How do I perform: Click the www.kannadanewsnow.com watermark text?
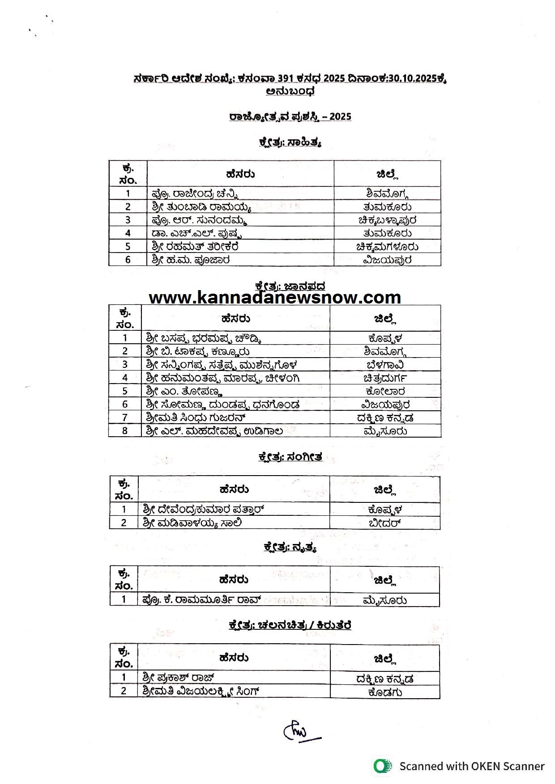[x=275, y=298]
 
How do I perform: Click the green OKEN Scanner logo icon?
[x=382, y=766]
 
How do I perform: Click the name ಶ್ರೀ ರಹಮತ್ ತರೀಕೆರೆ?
[x=195, y=246]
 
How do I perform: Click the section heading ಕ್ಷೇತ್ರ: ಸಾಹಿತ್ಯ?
[x=290, y=143]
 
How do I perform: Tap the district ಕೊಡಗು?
[x=384, y=692]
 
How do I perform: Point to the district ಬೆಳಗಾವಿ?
[x=385, y=364]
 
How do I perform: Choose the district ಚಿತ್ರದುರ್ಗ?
[x=385, y=378]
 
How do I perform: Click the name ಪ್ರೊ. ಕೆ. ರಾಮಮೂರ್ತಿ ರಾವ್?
[x=201, y=599]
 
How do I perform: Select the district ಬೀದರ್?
[x=384, y=523]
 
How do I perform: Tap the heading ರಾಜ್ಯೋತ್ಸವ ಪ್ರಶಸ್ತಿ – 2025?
[x=290, y=117]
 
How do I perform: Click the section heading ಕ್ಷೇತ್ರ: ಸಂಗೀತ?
[x=290, y=457]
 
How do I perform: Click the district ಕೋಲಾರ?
[x=385, y=391]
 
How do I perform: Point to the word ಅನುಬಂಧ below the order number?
[x=290, y=91]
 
